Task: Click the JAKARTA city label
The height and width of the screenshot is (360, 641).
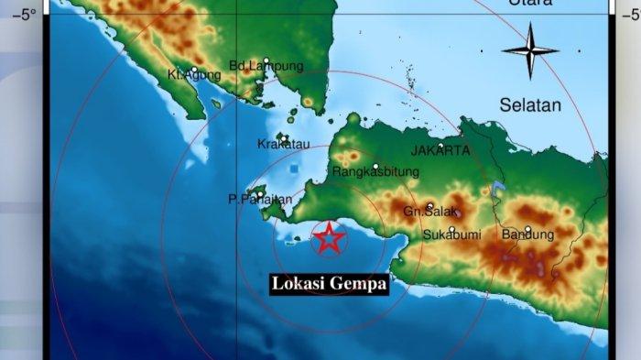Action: pyautogui.click(x=440, y=150)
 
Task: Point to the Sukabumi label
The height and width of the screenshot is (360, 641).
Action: pyautogui.click(x=452, y=235)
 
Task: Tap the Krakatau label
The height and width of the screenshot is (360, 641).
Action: pyautogui.click(x=279, y=145)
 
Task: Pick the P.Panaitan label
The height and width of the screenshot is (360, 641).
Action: pyautogui.click(x=260, y=199)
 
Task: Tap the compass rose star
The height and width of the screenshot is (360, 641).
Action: pyautogui.click(x=530, y=50)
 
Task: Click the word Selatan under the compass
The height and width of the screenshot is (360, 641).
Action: pyautogui.click(x=530, y=105)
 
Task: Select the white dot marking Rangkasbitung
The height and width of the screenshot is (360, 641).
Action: pyautogui.click(x=375, y=166)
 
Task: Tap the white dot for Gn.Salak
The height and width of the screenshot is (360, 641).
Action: pyautogui.click(x=429, y=206)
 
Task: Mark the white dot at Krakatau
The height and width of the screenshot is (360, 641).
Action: pyautogui.click(x=284, y=139)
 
